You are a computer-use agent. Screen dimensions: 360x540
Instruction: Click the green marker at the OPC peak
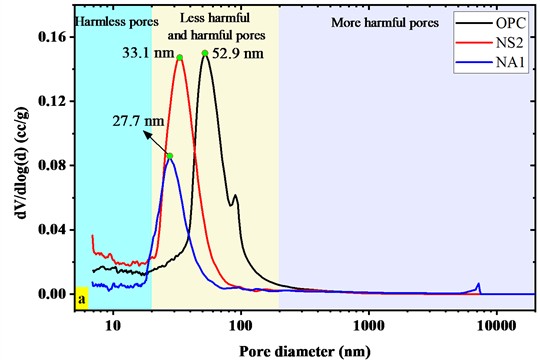pos(205,54)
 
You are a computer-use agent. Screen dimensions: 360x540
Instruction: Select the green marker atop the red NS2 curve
pos(180,58)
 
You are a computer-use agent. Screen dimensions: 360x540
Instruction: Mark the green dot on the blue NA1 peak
pos(170,156)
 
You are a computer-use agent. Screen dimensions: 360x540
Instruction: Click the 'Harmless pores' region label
pos(113,19)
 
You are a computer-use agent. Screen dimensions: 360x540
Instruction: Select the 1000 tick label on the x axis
pos(370,324)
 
